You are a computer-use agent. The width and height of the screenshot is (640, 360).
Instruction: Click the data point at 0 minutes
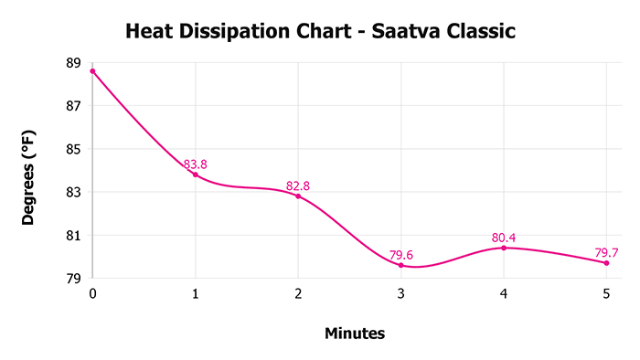click(92, 71)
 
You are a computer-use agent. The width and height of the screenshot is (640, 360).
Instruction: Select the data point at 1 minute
click(195, 175)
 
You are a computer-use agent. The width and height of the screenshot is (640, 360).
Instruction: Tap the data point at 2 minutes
click(298, 196)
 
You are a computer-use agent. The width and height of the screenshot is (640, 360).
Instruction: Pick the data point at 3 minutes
click(400, 265)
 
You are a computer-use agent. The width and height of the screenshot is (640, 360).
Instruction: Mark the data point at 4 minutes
click(504, 248)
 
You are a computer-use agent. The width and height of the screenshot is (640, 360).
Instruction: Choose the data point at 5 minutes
click(606, 263)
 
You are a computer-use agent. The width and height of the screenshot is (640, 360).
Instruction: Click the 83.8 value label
click(195, 164)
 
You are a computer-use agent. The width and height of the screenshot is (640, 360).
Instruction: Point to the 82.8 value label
click(298, 185)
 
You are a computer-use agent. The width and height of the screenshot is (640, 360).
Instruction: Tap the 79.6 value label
click(400, 255)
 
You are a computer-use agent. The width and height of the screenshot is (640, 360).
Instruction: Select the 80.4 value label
click(504, 238)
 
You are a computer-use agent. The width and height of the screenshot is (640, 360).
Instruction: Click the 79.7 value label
click(606, 253)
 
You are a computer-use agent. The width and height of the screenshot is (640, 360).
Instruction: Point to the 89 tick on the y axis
click(73, 63)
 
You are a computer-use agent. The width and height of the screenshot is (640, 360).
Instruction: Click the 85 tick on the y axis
click(73, 149)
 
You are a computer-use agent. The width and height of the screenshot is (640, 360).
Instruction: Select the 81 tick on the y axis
click(73, 236)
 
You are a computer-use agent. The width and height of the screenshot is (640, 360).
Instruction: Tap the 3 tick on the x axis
click(400, 293)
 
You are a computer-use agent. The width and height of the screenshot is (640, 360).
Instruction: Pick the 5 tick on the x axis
click(606, 293)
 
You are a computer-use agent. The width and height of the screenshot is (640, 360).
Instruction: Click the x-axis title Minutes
click(355, 334)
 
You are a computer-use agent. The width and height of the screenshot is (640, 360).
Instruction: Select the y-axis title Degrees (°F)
click(30, 175)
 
